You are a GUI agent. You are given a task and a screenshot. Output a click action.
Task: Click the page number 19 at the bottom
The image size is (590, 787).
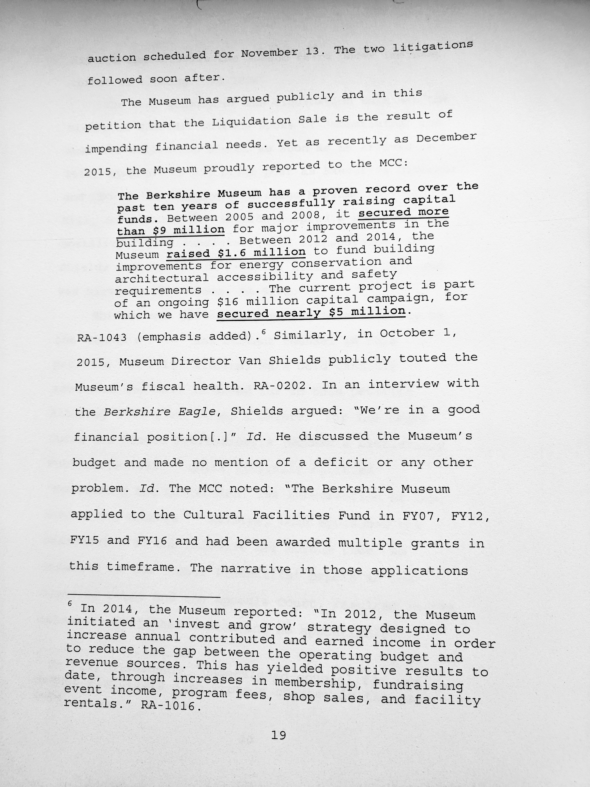(x=278, y=735)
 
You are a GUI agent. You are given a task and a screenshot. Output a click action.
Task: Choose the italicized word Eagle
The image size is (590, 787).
(x=197, y=412)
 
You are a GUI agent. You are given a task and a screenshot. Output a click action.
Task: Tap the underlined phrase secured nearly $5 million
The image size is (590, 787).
(x=311, y=313)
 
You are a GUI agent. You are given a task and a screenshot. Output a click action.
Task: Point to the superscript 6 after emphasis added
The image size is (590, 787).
(x=264, y=332)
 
